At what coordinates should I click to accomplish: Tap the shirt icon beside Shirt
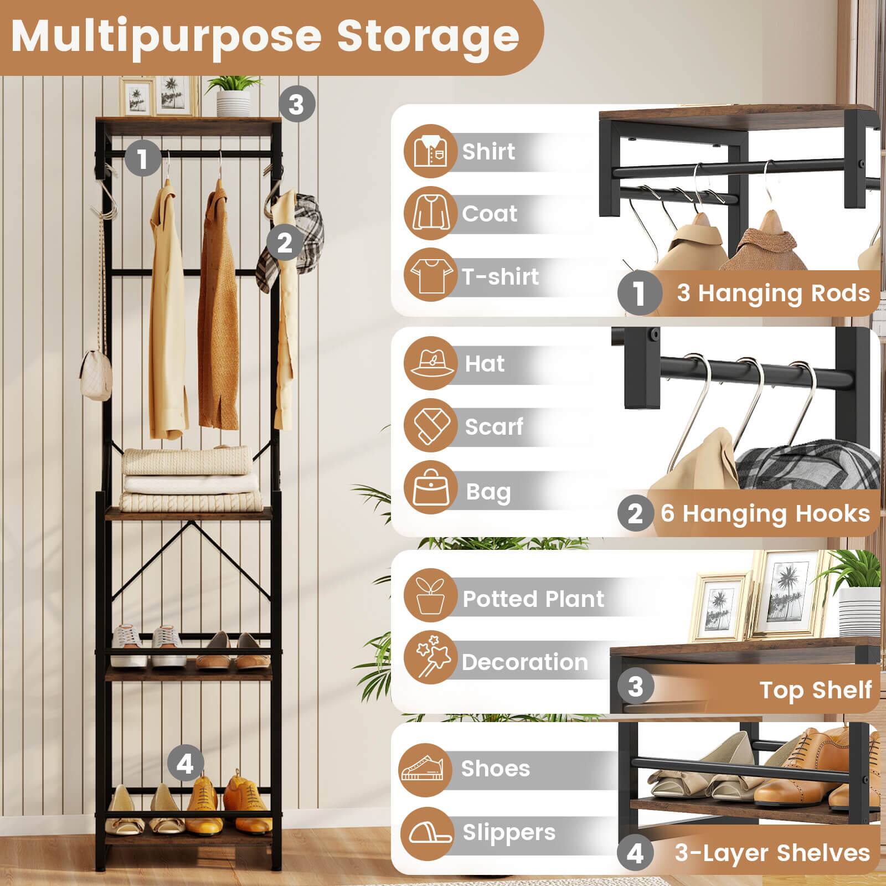click(x=430, y=152)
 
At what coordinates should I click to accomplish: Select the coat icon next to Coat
click(x=430, y=214)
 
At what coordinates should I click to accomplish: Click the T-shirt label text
click(x=500, y=276)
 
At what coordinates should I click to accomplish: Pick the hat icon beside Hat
click(x=430, y=364)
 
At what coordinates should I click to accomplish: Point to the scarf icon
click(x=430, y=426)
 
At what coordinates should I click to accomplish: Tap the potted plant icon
click(x=430, y=597)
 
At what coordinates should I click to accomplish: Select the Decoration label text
click(x=524, y=662)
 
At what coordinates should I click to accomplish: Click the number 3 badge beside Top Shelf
click(x=636, y=687)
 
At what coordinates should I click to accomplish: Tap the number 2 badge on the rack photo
click(x=284, y=243)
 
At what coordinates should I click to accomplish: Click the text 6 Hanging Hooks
click(x=765, y=514)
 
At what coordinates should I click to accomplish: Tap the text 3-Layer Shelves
click(x=772, y=853)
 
